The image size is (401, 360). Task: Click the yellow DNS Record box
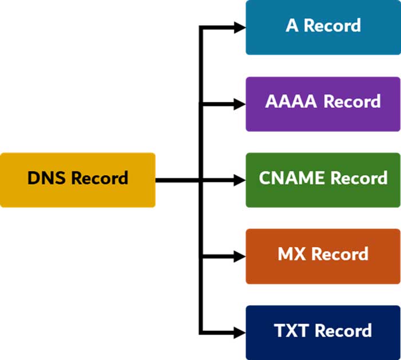coord(78,180)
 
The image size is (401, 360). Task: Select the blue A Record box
coord(323,27)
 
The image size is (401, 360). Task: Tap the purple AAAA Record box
coord(323,104)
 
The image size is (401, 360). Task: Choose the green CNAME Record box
coord(323,180)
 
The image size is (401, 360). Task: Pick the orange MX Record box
coord(323,256)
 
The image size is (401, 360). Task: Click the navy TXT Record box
coord(323,332)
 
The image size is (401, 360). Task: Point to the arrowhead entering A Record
coord(240,27)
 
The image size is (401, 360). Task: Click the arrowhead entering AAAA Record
coord(240,104)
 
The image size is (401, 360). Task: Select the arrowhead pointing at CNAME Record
coord(240,180)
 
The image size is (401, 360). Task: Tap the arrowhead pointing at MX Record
coord(240,256)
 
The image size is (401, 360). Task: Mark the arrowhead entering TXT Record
coord(240,332)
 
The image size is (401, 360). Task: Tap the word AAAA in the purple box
coord(291,102)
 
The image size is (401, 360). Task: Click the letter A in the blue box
coord(292,26)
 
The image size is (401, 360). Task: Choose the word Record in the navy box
coord(343,330)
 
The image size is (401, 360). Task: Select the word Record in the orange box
coord(340,254)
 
